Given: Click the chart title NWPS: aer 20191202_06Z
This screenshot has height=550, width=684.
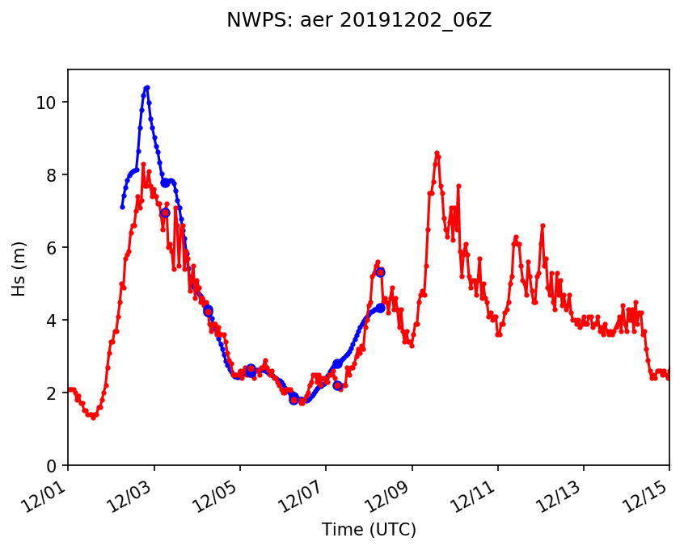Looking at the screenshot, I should pyautogui.click(x=359, y=21).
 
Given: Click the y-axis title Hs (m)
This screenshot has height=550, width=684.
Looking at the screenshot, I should pyautogui.click(x=19, y=267).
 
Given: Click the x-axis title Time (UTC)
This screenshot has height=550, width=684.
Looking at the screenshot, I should pyautogui.click(x=369, y=530).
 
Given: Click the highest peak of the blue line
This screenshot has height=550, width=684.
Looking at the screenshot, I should pyautogui.click(x=146, y=87).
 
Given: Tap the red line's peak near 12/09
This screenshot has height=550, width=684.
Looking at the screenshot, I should pyautogui.click(x=437, y=153).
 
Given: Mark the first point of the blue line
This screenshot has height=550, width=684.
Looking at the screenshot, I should pyautogui.click(x=122, y=207).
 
